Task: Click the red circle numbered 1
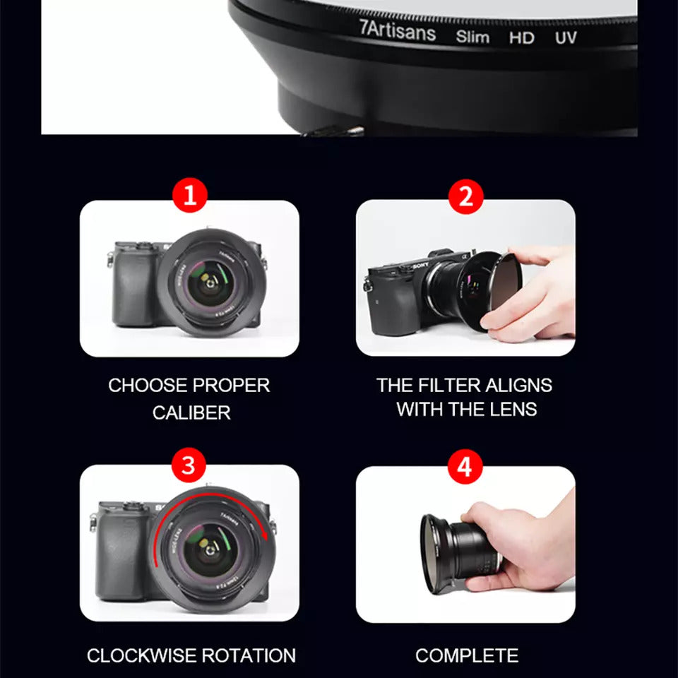tap(190, 196)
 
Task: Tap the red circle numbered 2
tap(465, 197)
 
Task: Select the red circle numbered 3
tap(189, 465)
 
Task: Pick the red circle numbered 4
tap(465, 467)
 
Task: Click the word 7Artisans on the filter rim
tap(398, 31)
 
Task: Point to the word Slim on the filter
tap(472, 36)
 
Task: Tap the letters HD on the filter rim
tap(521, 37)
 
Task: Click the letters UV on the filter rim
tap(566, 37)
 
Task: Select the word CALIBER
tap(191, 412)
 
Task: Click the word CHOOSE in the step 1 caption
tap(147, 386)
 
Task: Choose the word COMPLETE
tap(467, 655)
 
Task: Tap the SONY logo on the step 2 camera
tap(420, 266)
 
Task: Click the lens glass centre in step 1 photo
tap(210, 284)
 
